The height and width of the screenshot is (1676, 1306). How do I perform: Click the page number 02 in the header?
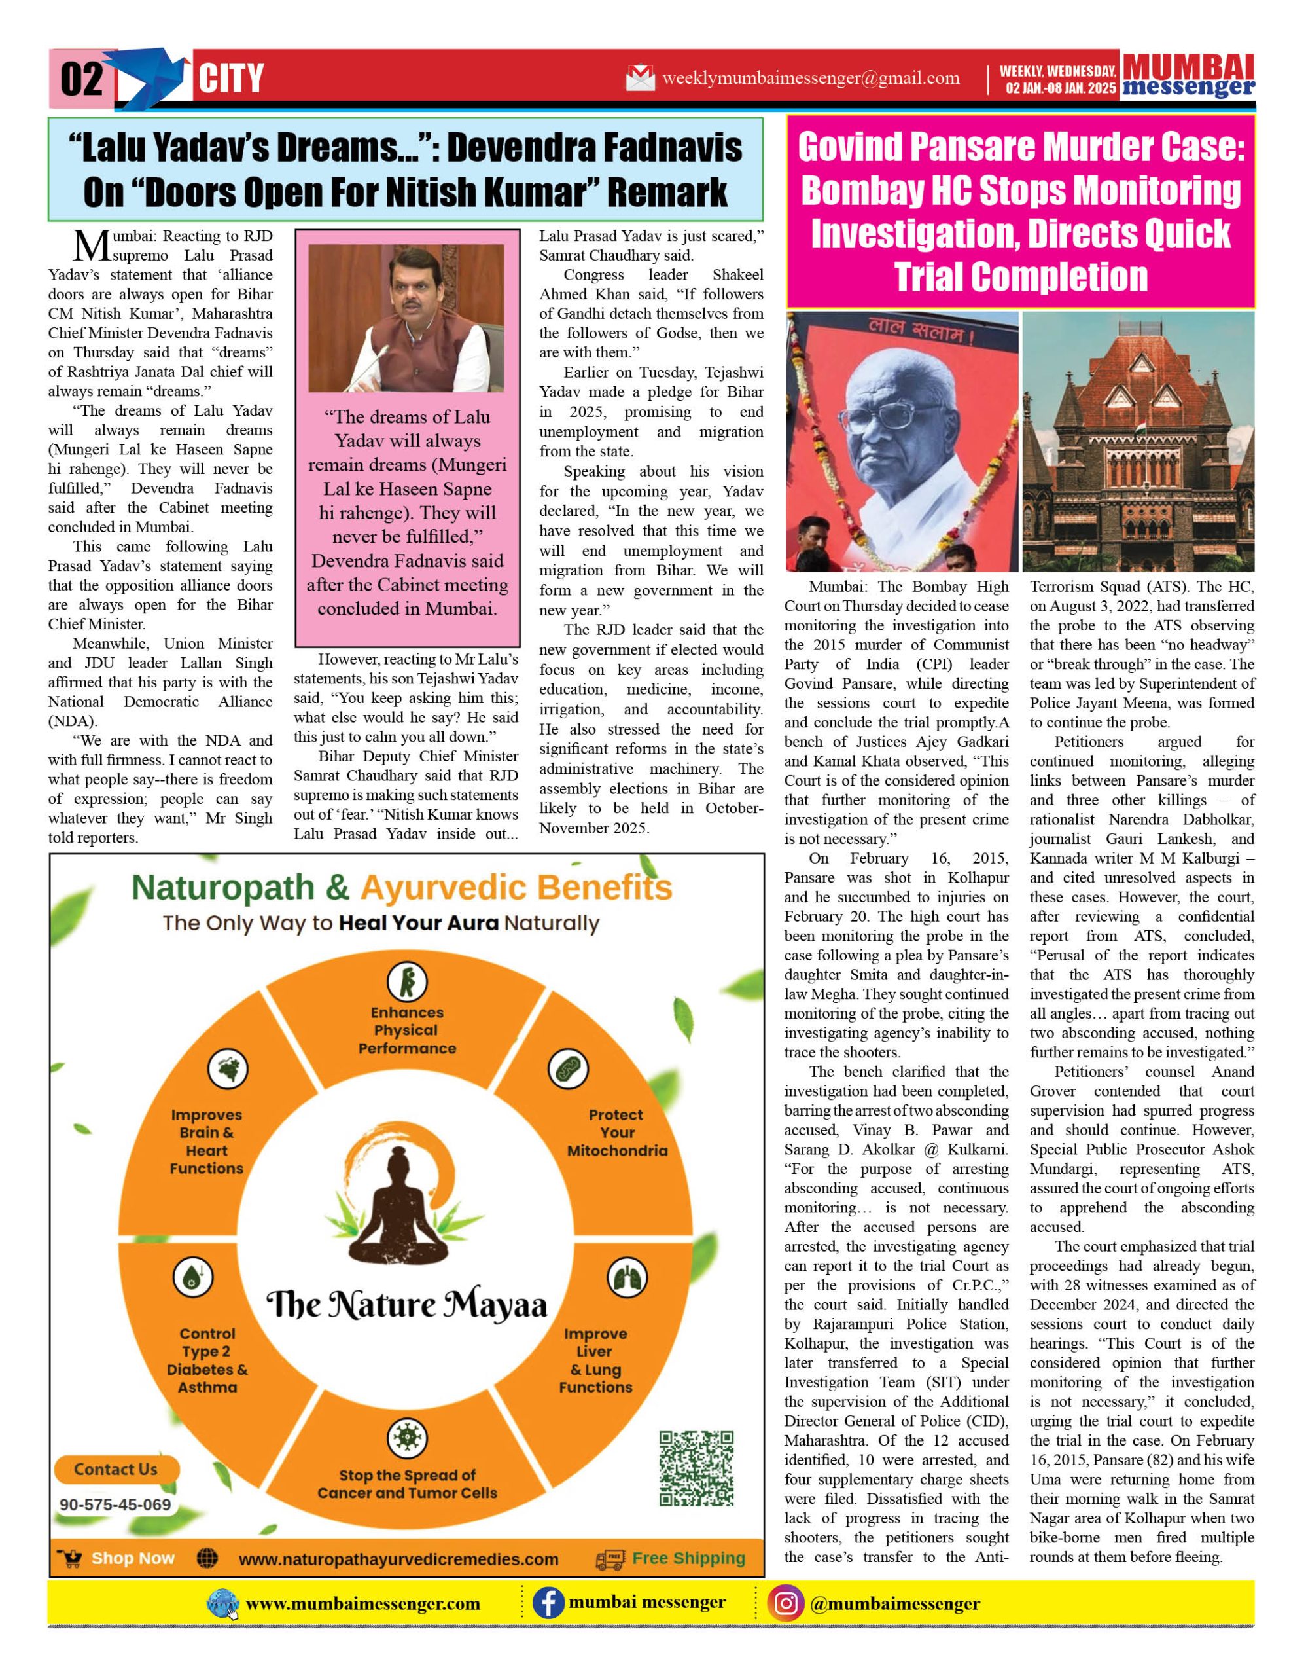81,79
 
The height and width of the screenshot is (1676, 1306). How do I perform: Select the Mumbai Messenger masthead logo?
1188,76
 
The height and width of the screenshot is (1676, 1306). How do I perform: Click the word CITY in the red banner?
231,79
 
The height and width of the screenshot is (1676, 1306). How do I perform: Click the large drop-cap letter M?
91,246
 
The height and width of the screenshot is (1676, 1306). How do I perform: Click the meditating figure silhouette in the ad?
407,1216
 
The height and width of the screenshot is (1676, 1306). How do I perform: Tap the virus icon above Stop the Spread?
407,1437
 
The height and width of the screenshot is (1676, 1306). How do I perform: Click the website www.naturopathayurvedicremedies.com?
398,1559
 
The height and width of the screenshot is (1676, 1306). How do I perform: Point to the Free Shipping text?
688,1558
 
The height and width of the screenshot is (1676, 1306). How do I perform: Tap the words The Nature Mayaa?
406,1305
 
